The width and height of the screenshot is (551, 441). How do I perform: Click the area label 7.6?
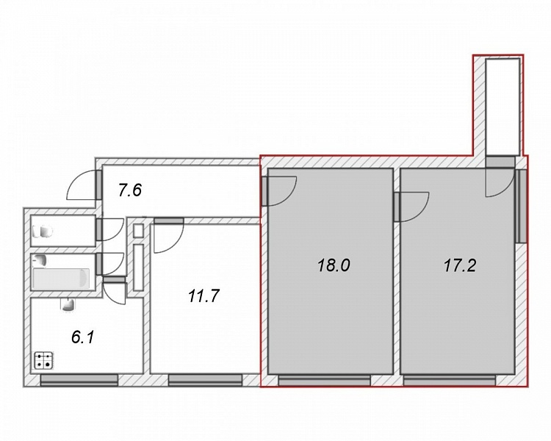(x=130, y=191)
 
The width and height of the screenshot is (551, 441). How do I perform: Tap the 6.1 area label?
(x=83, y=337)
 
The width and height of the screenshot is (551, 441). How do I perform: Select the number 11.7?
(x=204, y=295)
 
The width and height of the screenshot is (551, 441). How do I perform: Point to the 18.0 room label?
(x=334, y=265)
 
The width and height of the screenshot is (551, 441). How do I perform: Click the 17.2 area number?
(x=460, y=265)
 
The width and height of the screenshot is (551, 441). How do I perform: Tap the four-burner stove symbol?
(x=44, y=360)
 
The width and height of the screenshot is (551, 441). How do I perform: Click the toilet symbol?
(x=43, y=232)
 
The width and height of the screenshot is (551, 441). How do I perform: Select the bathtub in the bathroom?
(x=61, y=279)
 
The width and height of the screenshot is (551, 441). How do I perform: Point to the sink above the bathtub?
(x=40, y=260)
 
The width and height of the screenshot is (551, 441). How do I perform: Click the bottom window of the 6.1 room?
(x=79, y=380)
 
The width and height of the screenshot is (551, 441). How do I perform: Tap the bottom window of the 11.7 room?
(x=205, y=380)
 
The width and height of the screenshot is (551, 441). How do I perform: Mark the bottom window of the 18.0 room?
(x=324, y=381)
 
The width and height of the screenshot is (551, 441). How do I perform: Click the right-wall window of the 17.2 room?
(x=522, y=206)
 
